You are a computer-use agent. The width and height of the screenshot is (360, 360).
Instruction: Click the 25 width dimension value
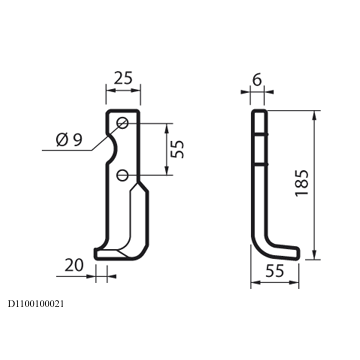click(x=123, y=78)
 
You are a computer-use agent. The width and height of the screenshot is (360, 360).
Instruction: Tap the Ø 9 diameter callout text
click(x=69, y=139)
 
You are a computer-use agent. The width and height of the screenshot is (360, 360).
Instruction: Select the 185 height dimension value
click(x=302, y=183)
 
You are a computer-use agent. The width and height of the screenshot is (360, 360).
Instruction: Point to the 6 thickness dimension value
click(x=257, y=80)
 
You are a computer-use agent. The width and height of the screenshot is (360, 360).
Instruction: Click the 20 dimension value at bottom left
click(x=74, y=265)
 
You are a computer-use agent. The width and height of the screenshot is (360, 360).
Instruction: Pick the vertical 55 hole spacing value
click(x=177, y=149)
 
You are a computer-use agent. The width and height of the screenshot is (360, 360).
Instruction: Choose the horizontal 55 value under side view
click(x=275, y=271)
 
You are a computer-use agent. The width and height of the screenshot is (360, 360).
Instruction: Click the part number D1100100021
click(x=36, y=304)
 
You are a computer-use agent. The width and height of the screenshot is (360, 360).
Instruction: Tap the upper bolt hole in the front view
click(x=123, y=123)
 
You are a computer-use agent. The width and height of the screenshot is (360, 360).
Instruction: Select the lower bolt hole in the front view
click(x=123, y=175)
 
